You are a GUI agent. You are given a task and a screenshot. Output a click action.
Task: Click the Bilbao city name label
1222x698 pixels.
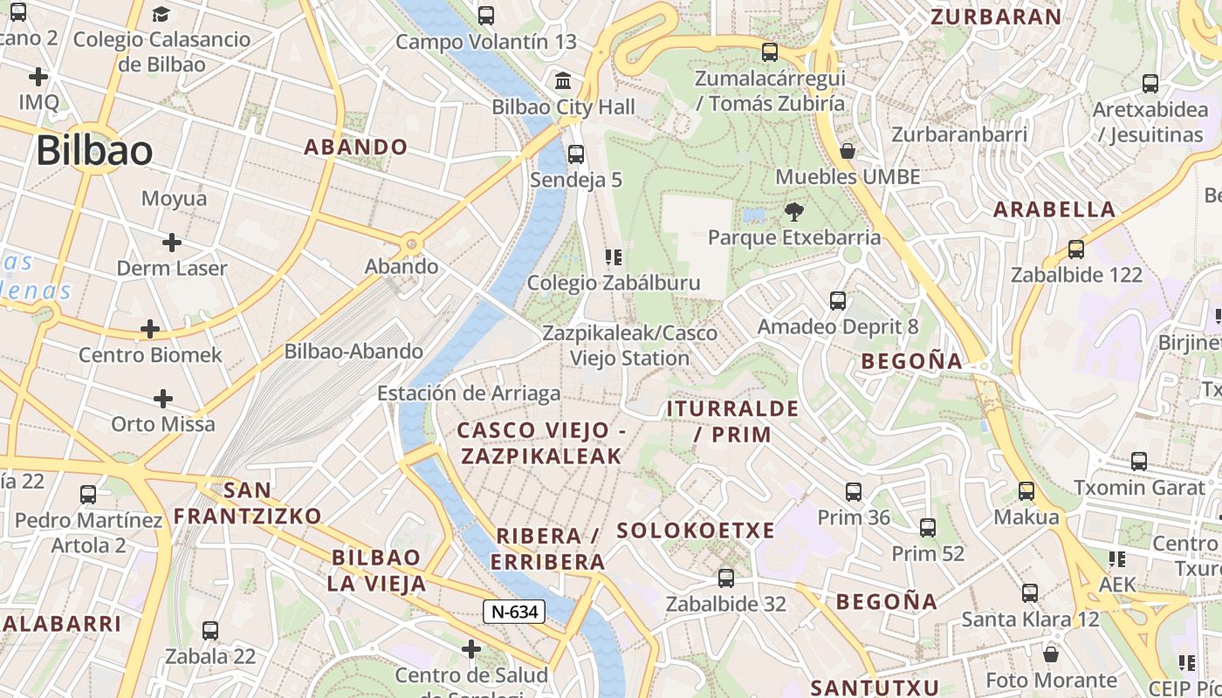click(x=94, y=151)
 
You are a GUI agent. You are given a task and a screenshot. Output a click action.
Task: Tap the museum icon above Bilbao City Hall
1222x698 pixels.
click(x=564, y=81)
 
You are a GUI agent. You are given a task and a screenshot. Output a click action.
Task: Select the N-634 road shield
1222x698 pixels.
click(x=514, y=612)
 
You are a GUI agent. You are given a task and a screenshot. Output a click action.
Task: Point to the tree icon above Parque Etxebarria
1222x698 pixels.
click(x=793, y=211)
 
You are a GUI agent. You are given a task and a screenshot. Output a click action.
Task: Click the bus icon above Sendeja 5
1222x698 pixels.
click(x=575, y=154)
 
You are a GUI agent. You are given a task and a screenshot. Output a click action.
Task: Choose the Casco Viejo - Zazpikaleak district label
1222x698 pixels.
click(x=541, y=442)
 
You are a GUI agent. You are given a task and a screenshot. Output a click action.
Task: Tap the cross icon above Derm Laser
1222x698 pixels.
click(x=172, y=242)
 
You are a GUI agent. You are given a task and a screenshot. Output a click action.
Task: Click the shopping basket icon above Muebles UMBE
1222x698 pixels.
click(x=847, y=151)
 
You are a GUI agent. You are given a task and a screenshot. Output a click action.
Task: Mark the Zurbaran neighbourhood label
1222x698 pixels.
click(x=996, y=17)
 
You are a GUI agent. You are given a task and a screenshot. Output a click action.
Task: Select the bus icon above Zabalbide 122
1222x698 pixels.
click(x=1076, y=249)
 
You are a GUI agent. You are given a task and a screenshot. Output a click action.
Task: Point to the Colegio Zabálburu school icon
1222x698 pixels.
click(x=614, y=257)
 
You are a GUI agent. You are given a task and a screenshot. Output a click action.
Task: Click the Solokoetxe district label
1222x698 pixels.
click(x=696, y=530)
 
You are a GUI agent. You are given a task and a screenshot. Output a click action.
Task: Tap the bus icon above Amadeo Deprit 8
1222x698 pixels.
click(x=838, y=301)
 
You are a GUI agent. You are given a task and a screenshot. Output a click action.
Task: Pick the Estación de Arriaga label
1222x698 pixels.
click(x=469, y=393)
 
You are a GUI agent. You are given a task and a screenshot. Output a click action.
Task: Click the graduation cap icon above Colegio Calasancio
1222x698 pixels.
click(x=161, y=14)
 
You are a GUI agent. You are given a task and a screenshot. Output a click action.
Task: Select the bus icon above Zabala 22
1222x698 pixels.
click(x=210, y=630)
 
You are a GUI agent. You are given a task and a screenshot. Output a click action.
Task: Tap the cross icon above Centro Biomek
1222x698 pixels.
click(x=150, y=329)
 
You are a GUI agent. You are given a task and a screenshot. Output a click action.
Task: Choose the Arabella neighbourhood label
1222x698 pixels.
click(x=1054, y=209)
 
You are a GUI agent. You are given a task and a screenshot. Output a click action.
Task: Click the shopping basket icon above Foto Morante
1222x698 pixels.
click(x=1051, y=654)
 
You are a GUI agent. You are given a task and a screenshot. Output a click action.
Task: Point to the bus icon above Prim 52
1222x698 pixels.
click(x=928, y=528)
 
